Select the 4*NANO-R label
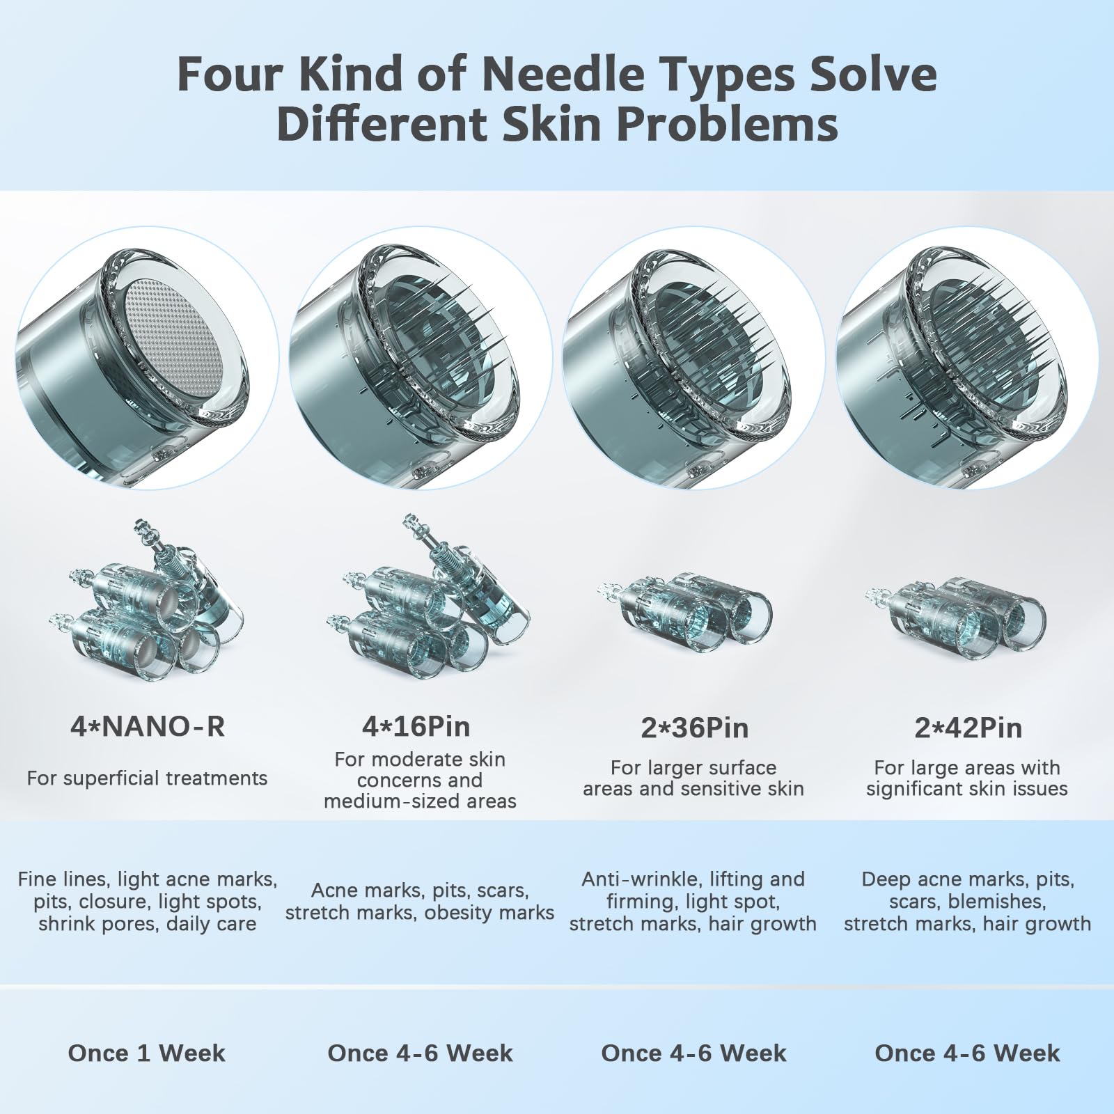[148, 727]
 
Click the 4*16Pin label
[416, 727]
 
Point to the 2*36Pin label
[695, 728]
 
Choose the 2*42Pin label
[968, 728]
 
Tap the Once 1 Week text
[147, 1053]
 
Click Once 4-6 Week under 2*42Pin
[968, 1053]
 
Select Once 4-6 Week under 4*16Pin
[421, 1053]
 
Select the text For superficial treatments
[147, 778]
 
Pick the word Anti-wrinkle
[638, 879]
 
